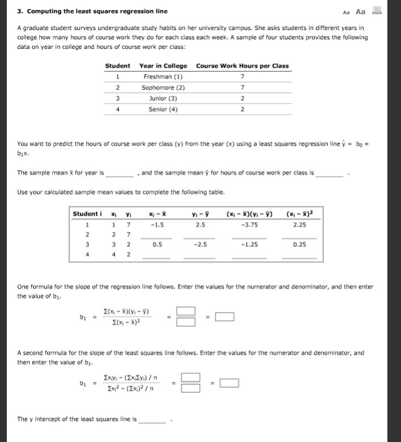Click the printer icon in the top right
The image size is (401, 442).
coord(376,11)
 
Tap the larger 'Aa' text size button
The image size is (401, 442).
coord(361,11)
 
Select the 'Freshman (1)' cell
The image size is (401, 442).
coord(163,77)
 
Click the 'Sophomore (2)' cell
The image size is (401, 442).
coord(163,87)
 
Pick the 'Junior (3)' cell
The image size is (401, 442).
coord(163,98)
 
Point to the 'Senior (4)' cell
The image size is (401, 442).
coord(163,110)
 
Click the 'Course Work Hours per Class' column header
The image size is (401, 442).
coord(242,66)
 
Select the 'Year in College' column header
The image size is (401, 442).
coord(163,66)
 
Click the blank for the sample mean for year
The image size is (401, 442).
coord(120,174)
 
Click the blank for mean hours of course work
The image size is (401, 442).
coord(330,174)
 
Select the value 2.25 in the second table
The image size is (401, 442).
coord(300,224)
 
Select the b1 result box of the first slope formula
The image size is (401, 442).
coord(225,317)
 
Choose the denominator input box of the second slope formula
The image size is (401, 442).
coord(191,389)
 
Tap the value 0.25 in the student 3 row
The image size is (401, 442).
coord(300,245)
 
